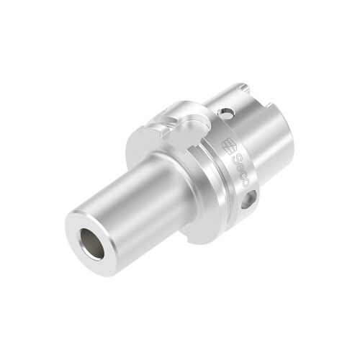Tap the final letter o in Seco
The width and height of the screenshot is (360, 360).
tap(246, 183)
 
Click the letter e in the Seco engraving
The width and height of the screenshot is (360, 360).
tap(240, 167)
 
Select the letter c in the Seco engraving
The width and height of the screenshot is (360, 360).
tap(243, 175)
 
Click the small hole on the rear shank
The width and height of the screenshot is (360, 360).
tap(227, 113)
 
